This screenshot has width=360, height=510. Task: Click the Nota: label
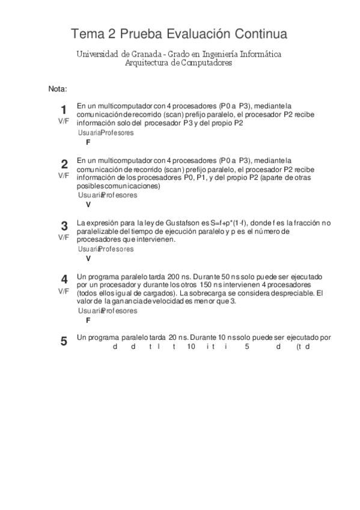pyautogui.click(x=57, y=89)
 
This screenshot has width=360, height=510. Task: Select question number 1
pyautogui.click(x=63, y=109)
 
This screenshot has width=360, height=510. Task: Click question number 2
pyautogui.click(x=63, y=164)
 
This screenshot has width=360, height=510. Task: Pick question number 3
pyautogui.click(x=63, y=226)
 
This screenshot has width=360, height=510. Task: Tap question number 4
pyautogui.click(x=63, y=280)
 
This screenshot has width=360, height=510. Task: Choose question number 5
pyautogui.click(x=63, y=342)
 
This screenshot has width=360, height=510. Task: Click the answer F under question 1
pyautogui.click(x=88, y=143)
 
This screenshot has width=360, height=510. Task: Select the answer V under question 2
pyautogui.click(x=88, y=204)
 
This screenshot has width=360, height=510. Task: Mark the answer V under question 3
pyautogui.click(x=88, y=259)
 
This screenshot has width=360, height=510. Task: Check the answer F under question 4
pyautogui.click(x=88, y=321)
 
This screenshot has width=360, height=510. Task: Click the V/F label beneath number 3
pyautogui.click(x=63, y=238)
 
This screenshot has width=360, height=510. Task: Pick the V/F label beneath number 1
pyautogui.click(x=63, y=121)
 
